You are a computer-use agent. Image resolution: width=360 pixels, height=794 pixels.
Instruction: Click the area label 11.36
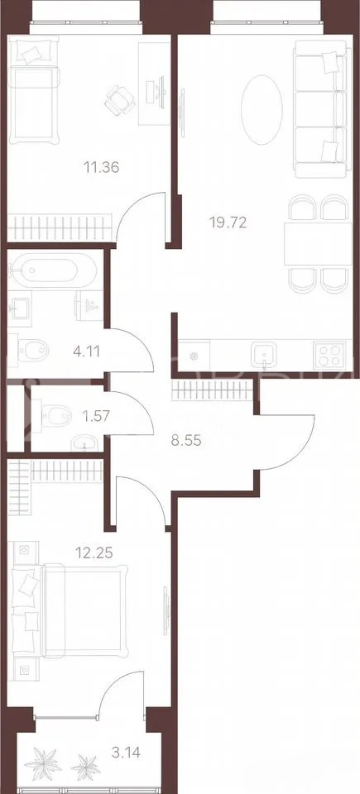tap(102, 166)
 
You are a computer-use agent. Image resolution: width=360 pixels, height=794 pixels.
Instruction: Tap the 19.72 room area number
tap(228, 222)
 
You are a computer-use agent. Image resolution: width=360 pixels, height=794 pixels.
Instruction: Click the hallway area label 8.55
tap(185, 441)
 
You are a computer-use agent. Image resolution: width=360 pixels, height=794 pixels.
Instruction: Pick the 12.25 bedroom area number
tap(94, 552)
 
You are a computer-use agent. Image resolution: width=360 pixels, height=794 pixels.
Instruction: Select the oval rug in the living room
tap(262, 110)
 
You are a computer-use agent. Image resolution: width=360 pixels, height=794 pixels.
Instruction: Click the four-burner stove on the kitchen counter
tap(330, 355)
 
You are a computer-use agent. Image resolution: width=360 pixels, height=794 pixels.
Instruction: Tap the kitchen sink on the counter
tap(264, 354)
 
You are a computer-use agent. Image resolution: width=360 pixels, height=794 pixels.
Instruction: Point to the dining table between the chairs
tap(318, 243)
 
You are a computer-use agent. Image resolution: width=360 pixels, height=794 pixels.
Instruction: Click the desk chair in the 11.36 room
tap(121, 99)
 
